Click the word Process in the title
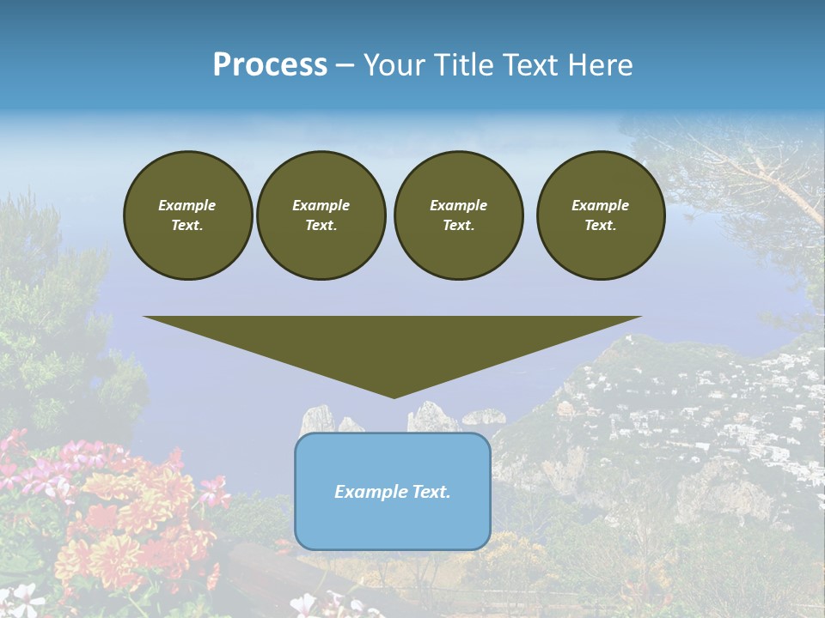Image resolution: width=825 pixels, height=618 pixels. (270, 65)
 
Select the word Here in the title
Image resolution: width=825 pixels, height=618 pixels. (598, 65)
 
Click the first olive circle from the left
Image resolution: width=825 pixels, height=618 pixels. (188, 215)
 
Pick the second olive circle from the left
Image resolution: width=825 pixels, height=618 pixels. (321, 215)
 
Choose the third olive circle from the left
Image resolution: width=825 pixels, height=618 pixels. (458, 215)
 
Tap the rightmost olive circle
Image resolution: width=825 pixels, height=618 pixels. (601, 215)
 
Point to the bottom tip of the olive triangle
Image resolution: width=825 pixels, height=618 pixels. (394, 397)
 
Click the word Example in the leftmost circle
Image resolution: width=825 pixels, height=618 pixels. (187, 205)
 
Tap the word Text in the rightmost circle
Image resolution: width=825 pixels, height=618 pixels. (600, 226)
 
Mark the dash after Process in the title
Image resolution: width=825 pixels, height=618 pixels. (345, 65)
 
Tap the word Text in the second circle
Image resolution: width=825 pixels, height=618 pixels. (321, 226)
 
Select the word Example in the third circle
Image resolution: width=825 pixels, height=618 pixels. (458, 205)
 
